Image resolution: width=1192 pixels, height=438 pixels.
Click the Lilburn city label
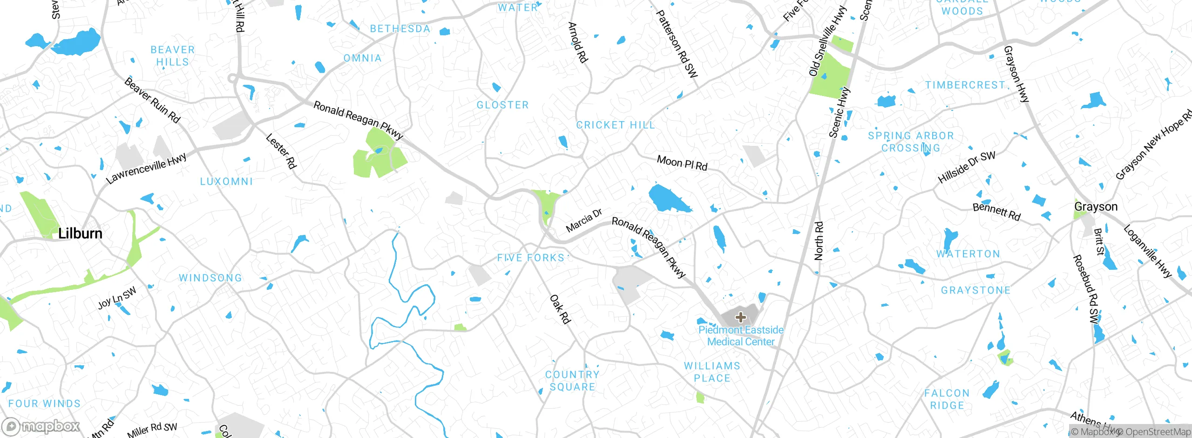pos(80,233)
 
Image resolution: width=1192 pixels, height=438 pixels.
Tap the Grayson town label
pos(1096,206)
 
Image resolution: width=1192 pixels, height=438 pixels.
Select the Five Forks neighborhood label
pos(530,258)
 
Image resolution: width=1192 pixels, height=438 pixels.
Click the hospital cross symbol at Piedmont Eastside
pos(740,318)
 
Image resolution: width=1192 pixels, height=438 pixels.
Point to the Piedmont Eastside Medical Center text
pos(740,335)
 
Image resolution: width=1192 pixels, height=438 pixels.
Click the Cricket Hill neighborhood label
pos(616,125)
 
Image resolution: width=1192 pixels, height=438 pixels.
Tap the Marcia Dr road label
pos(583,221)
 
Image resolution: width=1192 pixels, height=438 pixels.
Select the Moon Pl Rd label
pos(682,163)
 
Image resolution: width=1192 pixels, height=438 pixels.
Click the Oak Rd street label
pos(560,309)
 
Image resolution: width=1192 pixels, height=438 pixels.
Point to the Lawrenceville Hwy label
pos(146,168)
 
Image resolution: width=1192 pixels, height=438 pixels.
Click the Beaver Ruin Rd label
pos(152,100)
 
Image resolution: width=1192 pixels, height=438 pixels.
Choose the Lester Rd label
pos(281,151)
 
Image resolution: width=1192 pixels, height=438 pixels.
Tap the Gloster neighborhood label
pos(502,105)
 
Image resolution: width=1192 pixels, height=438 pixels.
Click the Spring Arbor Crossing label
pos(911,142)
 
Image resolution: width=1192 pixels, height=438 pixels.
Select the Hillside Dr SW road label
pos(966,167)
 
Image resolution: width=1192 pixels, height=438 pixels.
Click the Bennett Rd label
pos(996,212)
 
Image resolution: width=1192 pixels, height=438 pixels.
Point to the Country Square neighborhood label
pos(572,381)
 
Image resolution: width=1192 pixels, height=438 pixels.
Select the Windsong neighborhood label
pos(210,278)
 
